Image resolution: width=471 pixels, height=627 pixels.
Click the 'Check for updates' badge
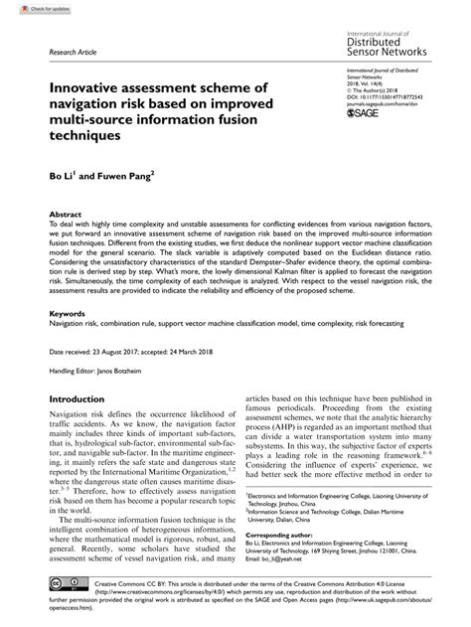(x=28, y=8)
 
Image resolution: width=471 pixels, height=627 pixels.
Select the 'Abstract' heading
(x=65, y=214)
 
